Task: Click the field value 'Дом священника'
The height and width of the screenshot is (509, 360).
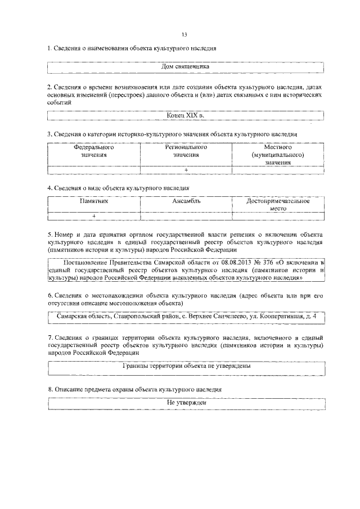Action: tap(186, 66)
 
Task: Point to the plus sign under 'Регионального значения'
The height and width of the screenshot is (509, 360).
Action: tap(186, 169)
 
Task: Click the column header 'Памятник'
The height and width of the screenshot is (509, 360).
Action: tap(94, 201)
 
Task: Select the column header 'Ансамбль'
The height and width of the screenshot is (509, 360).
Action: tap(186, 201)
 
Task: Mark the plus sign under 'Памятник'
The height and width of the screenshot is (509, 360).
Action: tap(94, 215)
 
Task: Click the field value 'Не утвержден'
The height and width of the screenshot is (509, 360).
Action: tap(186, 403)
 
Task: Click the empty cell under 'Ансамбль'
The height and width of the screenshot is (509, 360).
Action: tap(186, 215)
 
